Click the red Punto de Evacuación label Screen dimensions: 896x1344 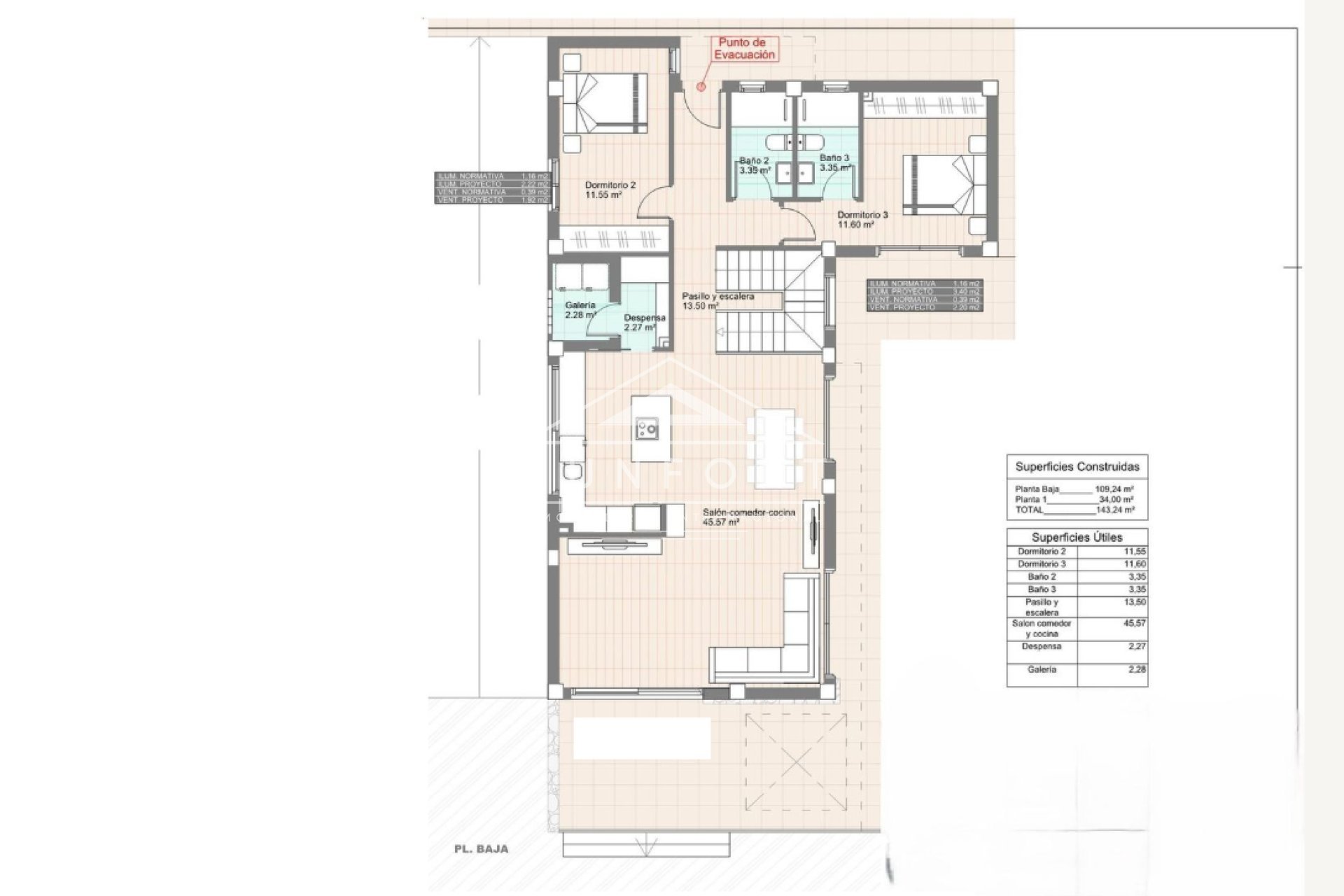click(x=743, y=48)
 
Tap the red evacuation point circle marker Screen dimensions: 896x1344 click(x=701, y=86)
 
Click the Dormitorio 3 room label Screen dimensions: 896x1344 click(x=862, y=220)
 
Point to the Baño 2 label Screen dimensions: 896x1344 click(x=755, y=164)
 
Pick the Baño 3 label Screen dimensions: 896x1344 click(x=834, y=162)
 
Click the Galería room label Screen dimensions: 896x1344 click(x=580, y=310)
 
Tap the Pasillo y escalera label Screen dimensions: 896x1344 click(x=717, y=301)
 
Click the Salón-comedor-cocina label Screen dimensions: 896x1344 click(x=748, y=517)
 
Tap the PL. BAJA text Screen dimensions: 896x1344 click(x=479, y=849)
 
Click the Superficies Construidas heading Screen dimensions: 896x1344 click(x=1077, y=467)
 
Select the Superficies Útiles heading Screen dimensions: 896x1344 click(x=1077, y=537)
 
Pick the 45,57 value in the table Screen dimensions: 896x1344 click(x=1135, y=623)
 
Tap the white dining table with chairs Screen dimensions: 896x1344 click(x=774, y=448)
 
